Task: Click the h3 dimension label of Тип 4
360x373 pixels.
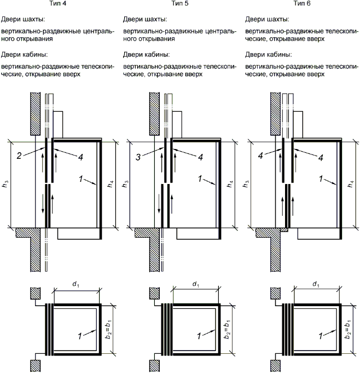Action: [x=11, y=183]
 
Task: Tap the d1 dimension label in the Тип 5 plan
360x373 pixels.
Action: [x=195, y=284]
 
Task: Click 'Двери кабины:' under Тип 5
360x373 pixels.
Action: [x=146, y=55]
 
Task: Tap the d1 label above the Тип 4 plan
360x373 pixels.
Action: [x=76, y=284]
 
